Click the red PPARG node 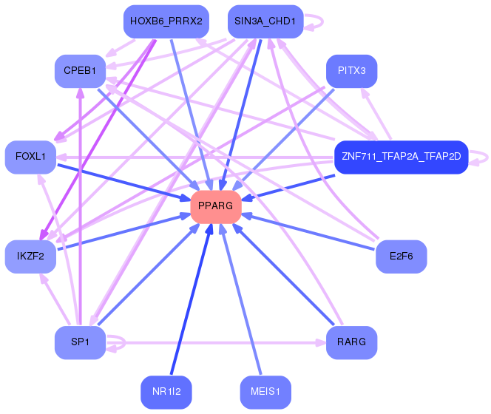click(x=216, y=206)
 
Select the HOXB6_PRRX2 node click(x=166, y=21)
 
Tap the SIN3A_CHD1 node click(x=264, y=21)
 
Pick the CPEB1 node click(x=80, y=71)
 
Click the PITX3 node click(x=352, y=71)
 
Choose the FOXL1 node click(x=30, y=157)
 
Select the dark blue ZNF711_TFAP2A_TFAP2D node click(x=401, y=157)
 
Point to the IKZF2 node click(x=30, y=257)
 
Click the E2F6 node click(x=401, y=257)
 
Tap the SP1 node click(x=80, y=342)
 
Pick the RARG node click(x=352, y=342)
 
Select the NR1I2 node click(x=166, y=392)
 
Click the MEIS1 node click(x=264, y=392)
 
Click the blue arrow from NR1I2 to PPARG click(x=190, y=302)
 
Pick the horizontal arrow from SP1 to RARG click(x=222, y=343)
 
